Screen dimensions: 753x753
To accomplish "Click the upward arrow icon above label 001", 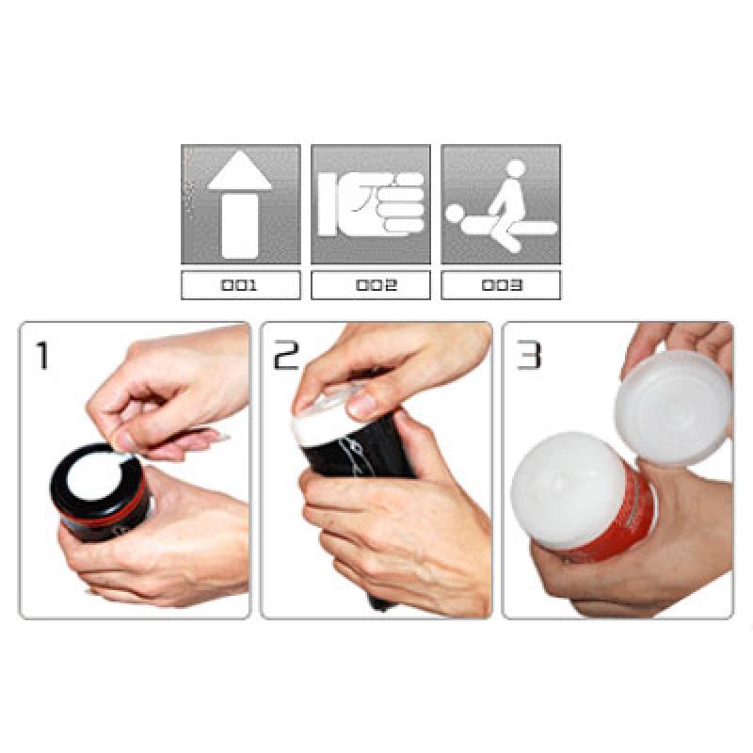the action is point(240,203).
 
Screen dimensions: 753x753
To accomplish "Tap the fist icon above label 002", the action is point(371,204).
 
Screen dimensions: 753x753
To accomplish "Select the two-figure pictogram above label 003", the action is point(502,205).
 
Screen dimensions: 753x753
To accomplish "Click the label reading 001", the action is point(240,285).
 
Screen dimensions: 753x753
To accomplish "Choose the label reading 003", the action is point(502,285).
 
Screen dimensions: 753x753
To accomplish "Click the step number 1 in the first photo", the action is point(43,356).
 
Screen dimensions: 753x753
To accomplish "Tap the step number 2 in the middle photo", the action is point(286,356).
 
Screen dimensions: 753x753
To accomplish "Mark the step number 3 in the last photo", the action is point(529,356).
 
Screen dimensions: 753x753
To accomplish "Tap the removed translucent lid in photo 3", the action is point(673,409).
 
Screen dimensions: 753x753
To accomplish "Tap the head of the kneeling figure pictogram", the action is point(516,168).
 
